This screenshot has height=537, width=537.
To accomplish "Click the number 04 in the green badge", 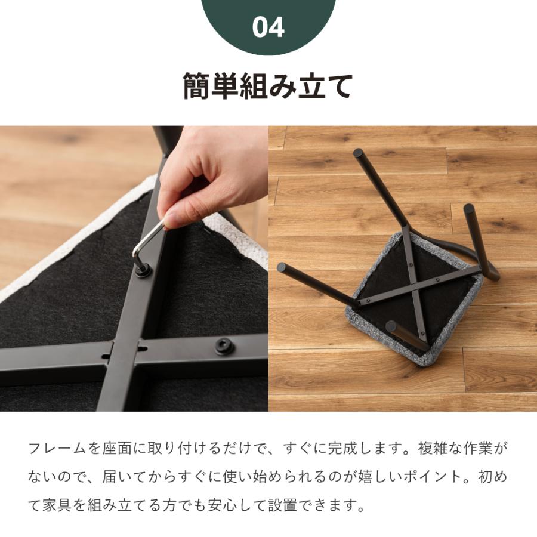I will (x=268, y=27).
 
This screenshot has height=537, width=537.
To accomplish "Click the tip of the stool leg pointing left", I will (x=282, y=268).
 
